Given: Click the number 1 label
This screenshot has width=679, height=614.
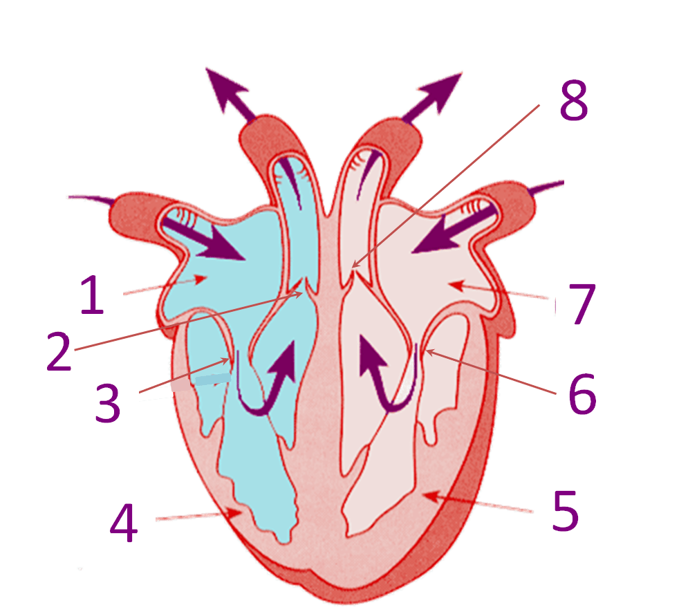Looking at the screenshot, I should tap(93, 293).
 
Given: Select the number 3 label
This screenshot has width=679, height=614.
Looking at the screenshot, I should tap(109, 400).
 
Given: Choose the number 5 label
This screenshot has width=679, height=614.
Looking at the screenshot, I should tap(565, 511).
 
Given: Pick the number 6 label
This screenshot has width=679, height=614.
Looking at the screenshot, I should tap(583, 394).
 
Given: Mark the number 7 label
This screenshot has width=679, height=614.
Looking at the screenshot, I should tap(583, 304).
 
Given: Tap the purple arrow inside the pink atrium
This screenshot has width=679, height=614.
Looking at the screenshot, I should tap(443, 234).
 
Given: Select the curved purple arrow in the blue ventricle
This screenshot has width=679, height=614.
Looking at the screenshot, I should tap(266, 384).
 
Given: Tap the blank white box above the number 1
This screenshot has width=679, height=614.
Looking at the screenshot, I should tap(33, 192).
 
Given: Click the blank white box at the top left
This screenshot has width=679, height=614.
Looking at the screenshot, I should tap(164, 61).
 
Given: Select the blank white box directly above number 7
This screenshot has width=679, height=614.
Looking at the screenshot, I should tap(596, 184).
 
